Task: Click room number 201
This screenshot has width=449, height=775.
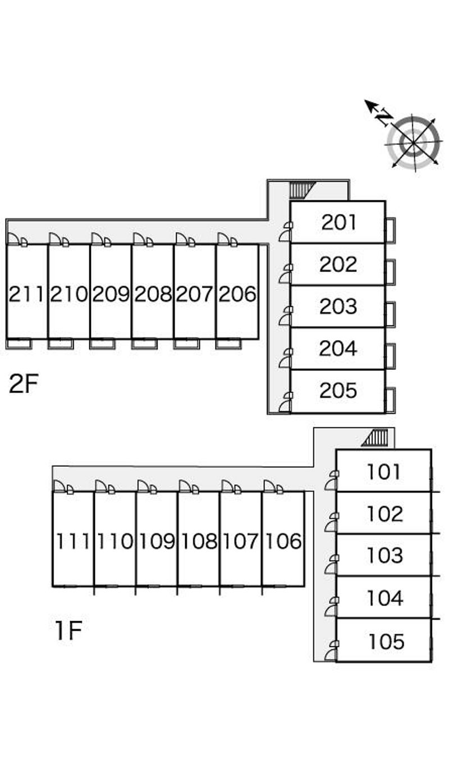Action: point(339,222)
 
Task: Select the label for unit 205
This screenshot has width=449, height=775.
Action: point(338,391)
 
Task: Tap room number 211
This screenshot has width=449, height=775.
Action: point(26,294)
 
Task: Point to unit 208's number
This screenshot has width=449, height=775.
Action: point(153,294)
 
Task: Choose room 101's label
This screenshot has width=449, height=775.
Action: point(384,471)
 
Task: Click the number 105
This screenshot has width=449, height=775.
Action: point(387,641)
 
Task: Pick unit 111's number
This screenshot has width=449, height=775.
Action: point(73,541)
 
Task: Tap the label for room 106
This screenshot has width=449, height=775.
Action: point(283,541)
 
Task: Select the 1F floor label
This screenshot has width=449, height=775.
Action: point(68,631)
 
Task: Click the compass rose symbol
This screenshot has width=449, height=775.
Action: point(413,142)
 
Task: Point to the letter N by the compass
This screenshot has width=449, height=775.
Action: point(384,118)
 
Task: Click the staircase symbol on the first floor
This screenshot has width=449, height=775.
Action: point(376,437)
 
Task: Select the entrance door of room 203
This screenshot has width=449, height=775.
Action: point(286,317)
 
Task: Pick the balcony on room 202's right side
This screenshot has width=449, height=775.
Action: point(390,272)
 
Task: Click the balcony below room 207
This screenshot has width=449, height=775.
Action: point(186,343)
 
